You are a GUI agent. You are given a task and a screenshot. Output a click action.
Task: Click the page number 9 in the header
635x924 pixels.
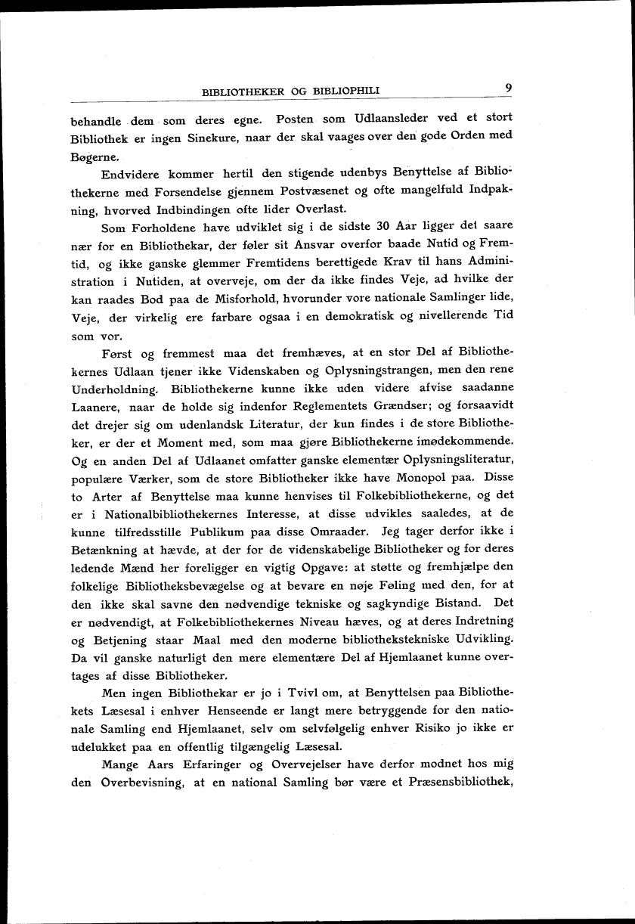[x=510, y=88]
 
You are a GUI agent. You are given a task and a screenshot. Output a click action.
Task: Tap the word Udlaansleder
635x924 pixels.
[x=386, y=119]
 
